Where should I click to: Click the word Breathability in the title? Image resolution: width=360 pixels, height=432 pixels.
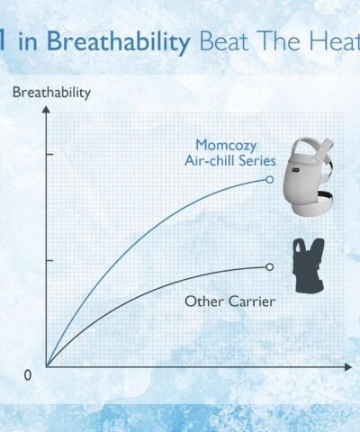(x=119, y=41)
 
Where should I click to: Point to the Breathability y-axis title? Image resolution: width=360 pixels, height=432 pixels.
(x=51, y=93)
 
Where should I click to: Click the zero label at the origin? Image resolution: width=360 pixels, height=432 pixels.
(x=27, y=375)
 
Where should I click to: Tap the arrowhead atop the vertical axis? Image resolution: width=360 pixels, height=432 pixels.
(x=46, y=109)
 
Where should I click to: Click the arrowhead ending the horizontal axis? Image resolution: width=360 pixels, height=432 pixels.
(x=348, y=367)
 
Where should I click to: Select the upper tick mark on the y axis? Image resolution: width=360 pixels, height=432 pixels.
(x=49, y=154)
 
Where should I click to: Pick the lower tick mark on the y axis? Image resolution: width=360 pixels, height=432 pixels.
(x=49, y=260)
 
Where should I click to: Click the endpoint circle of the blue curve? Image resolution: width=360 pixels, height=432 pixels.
(x=270, y=179)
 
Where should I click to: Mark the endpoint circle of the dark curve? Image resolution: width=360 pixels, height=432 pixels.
(x=270, y=266)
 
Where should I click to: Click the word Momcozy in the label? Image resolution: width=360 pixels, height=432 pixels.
(x=226, y=146)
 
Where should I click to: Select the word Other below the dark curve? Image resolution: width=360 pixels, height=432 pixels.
(x=204, y=301)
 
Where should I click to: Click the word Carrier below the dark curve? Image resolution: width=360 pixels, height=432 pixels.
(x=252, y=301)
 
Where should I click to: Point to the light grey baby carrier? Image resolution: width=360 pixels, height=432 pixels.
(x=309, y=176)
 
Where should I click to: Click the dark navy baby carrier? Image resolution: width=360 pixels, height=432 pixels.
(x=309, y=265)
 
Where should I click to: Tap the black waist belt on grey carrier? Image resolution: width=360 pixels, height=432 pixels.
(x=325, y=195)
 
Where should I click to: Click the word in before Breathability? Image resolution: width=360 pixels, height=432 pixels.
(x=28, y=41)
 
